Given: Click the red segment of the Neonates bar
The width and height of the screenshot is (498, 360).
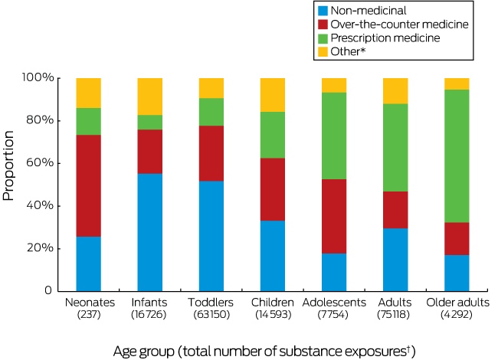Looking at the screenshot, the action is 89,185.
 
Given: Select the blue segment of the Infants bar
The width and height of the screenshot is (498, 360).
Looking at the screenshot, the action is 150,232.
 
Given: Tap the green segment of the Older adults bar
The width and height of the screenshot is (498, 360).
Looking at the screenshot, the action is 457,156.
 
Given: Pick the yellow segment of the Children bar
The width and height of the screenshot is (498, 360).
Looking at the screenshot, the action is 273,95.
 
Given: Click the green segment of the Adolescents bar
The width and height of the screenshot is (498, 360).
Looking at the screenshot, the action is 334,136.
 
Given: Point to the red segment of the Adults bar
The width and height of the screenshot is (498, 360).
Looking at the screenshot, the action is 395,210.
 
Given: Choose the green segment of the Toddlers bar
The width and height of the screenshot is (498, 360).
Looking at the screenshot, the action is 211,112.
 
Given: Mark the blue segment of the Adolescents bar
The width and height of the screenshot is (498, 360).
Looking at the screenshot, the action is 334,273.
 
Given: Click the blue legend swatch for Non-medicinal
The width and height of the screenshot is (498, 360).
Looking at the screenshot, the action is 323,11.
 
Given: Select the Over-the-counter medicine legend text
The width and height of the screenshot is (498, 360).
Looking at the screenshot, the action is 399,25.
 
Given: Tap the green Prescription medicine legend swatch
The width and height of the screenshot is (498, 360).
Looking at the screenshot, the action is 323,38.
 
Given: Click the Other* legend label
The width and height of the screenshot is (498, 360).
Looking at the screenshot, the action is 348,51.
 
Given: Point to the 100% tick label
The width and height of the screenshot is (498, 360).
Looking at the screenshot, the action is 38,77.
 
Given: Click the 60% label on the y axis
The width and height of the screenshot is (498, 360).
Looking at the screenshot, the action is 40,163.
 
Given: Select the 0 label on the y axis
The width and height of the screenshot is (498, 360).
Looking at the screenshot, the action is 48,290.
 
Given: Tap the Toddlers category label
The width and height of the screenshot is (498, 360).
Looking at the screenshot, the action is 211,303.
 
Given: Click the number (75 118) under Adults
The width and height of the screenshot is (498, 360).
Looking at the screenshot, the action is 394,315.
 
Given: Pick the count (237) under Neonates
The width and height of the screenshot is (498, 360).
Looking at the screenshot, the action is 89,315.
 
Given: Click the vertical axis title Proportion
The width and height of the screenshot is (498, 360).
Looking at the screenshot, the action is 8,165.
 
